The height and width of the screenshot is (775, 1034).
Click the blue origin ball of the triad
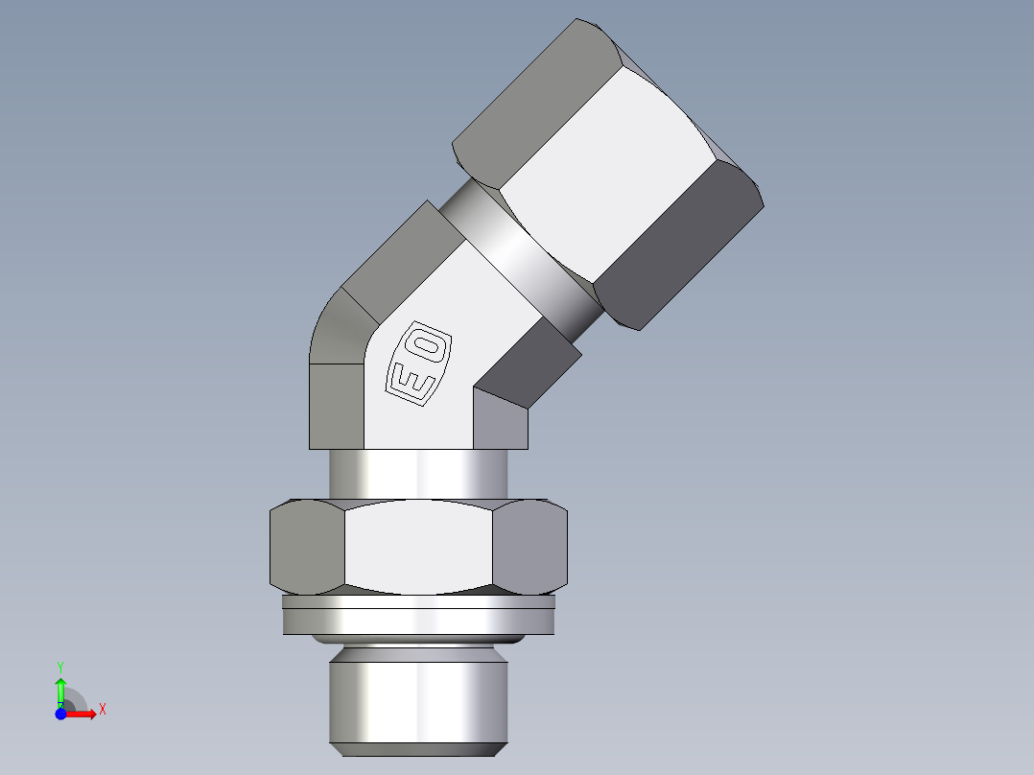(60, 715)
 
